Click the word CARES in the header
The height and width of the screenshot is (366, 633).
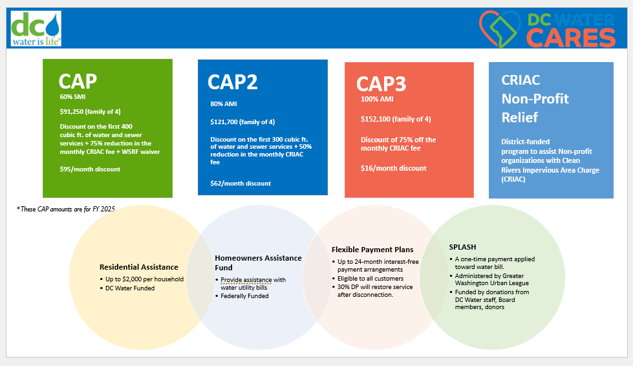pyautogui.click(x=570, y=38)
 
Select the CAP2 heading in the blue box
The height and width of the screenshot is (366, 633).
pyautogui.click(x=233, y=82)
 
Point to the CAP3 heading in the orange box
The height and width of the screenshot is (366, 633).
pyautogui.click(x=381, y=84)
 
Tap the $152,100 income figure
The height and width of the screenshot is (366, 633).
pyautogui.click(x=396, y=119)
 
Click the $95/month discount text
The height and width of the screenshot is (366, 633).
pyautogui.click(x=90, y=169)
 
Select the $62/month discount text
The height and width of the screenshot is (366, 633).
pyautogui.click(x=241, y=183)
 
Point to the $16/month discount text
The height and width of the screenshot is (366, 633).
pyautogui.click(x=394, y=168)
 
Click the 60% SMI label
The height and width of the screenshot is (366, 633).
pyautogui.click(x=72, y=96)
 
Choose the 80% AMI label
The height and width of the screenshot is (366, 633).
pyautogui.click(x=223, y=103)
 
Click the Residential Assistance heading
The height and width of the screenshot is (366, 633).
pyautogui.click(x=139, y=267)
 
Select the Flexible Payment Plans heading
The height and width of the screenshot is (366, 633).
pyautogui.click(x=372, y=250)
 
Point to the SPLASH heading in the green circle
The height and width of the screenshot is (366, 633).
pyautogui.click(x=464, y=247)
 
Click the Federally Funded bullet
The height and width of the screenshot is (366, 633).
pyautogui.click(x=244, y=296)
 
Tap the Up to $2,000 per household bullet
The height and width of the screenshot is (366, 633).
pyautogui.click(x=145, y=279)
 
